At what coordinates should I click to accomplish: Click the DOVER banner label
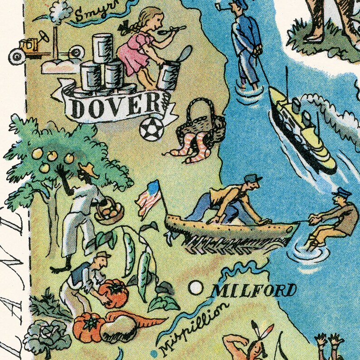click(x=116, y=107)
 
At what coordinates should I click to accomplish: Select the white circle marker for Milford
click(x=195, y=287)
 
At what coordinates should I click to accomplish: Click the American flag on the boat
click(x=150, y=198)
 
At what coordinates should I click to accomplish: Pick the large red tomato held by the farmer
click(x=113, y=293)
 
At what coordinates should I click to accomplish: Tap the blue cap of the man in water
click(x=339, y=193)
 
